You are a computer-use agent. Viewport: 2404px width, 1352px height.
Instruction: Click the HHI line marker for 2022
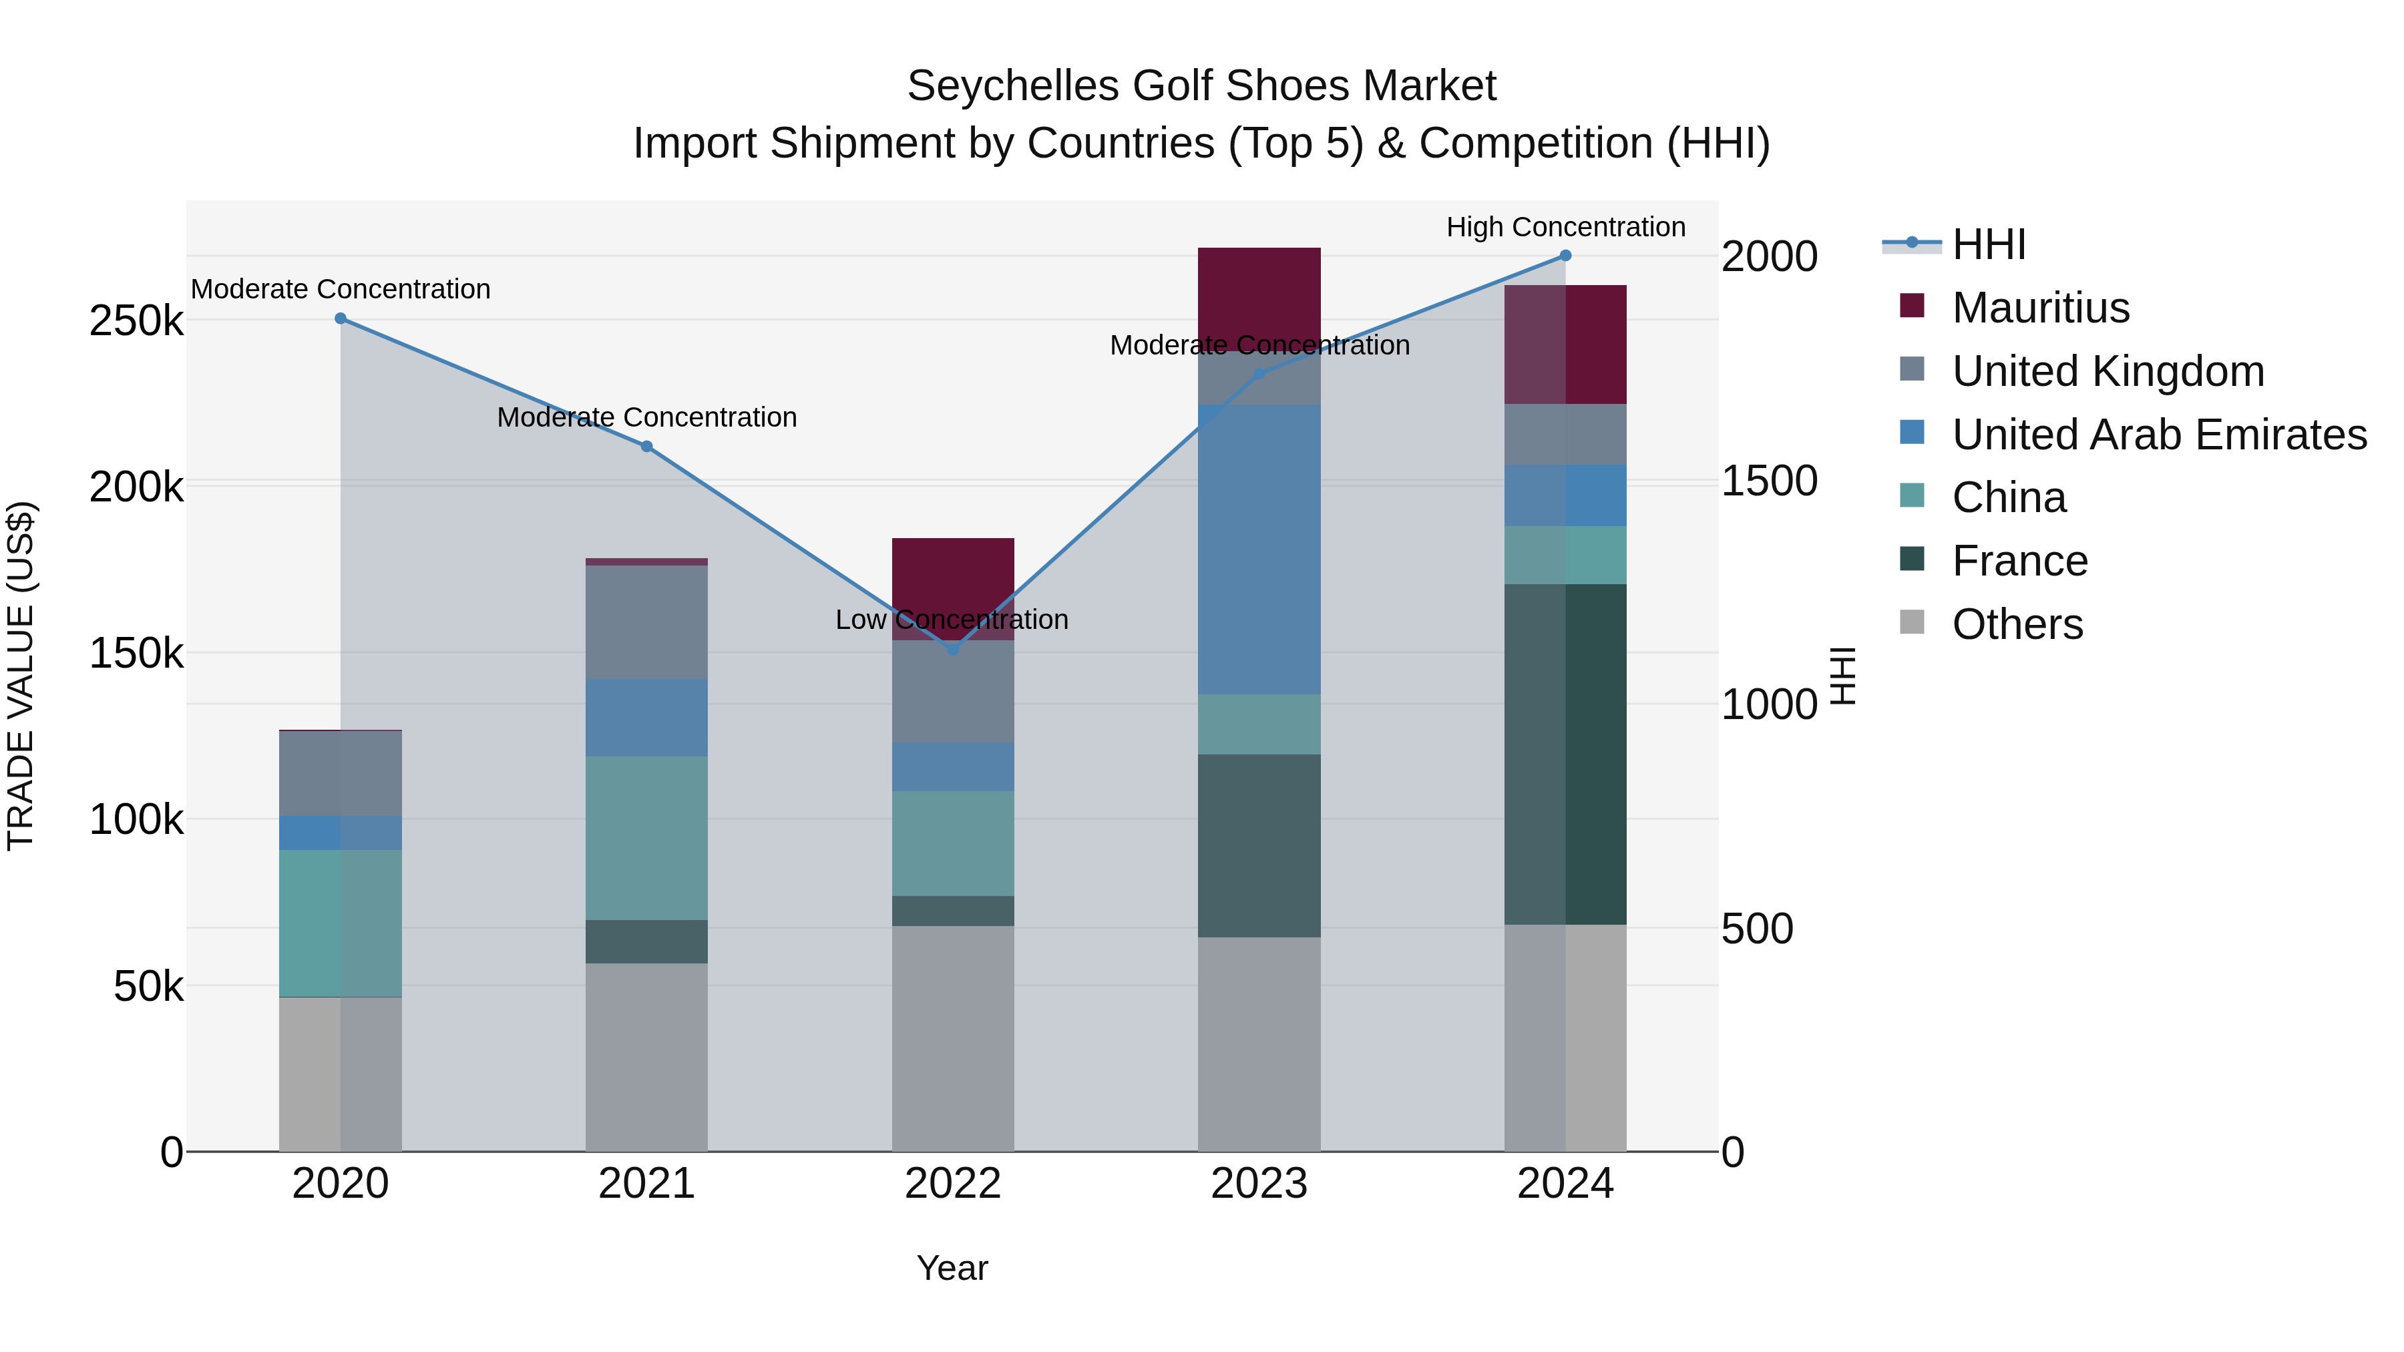[953, 650]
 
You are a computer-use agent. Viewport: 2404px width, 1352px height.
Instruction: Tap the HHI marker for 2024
[1565, 255]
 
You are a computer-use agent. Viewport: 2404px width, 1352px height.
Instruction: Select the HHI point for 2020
[341, 318]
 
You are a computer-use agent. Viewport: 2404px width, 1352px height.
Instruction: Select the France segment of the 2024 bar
[1565, 754]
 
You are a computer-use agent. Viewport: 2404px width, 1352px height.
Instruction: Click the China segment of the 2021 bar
[646, 837]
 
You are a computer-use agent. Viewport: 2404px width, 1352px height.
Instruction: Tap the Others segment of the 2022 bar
[953, 1038]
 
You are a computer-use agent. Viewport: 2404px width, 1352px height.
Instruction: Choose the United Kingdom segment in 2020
[341, 774]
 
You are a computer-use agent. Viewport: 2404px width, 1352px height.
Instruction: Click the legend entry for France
[2019, 561]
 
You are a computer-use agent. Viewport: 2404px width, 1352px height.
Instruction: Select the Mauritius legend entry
[2040, 308]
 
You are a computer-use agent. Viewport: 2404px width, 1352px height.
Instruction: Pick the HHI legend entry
[1988, 244]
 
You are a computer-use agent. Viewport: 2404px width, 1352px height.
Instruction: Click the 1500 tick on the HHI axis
[1768, 481]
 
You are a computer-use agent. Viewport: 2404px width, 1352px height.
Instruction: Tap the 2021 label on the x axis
[646, 1183]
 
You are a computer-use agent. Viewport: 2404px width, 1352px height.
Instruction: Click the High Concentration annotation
[1565, 227]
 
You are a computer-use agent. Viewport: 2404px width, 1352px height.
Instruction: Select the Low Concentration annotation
[951, 620]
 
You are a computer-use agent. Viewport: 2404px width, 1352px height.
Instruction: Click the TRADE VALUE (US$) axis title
[21, 676]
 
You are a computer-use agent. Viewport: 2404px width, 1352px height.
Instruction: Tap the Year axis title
[952, 1268]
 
